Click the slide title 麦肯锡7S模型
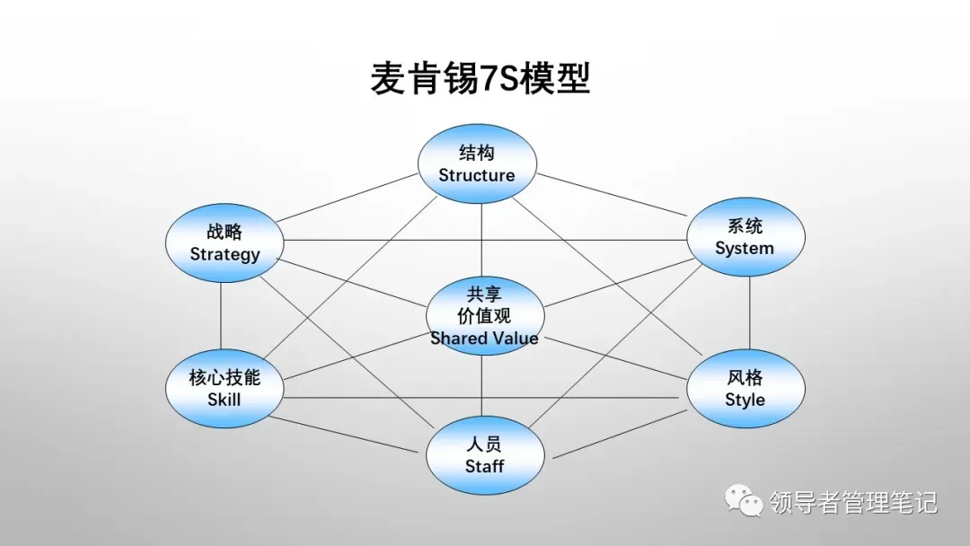480,79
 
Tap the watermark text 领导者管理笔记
852,502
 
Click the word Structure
477,175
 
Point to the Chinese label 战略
225,232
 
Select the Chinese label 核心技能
225,377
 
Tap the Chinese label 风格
745,377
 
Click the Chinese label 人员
484,445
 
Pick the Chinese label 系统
745,226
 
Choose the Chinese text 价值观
484,315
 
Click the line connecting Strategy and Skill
221,314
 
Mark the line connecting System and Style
751,313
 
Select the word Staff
484,466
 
